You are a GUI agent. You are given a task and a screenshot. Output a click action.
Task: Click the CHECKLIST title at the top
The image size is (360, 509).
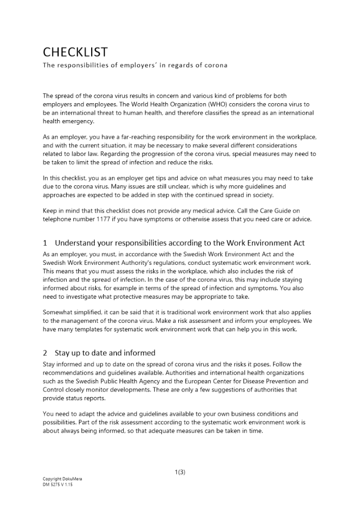click(x=75, y=52)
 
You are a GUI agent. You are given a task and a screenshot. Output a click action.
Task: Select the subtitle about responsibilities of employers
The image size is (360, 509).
click(x=135, y=66)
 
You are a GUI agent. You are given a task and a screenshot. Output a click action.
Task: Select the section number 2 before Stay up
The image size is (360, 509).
click(x=45, y=352)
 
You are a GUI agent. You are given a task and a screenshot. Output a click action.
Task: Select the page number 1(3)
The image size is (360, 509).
click(x=179, y=472)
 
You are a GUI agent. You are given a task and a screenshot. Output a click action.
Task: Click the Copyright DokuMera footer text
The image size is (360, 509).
click(x=59, y=479)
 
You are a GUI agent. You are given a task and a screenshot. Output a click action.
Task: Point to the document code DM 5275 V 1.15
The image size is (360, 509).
click(x=58, y=485)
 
